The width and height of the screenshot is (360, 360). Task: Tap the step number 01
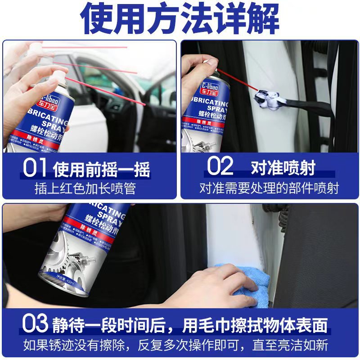[x=35, y=168]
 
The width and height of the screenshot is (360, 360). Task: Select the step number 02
[x=220, y=166]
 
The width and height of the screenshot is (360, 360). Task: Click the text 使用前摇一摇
[x=102, y=170]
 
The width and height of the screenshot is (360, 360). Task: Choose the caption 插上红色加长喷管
[x=85, y=188]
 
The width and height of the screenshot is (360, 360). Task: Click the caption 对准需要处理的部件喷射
[x=269, y=188]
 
